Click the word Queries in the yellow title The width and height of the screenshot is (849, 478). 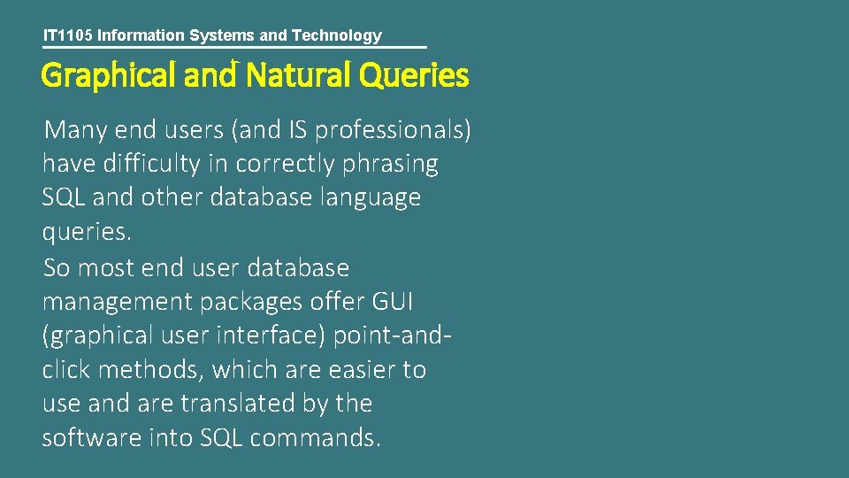pos(414,77)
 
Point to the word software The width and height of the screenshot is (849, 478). pos(88,437)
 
